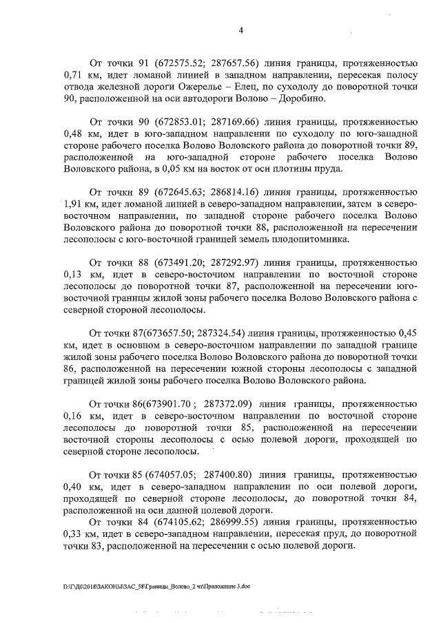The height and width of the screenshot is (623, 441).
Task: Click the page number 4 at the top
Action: [x=240, y=30]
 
